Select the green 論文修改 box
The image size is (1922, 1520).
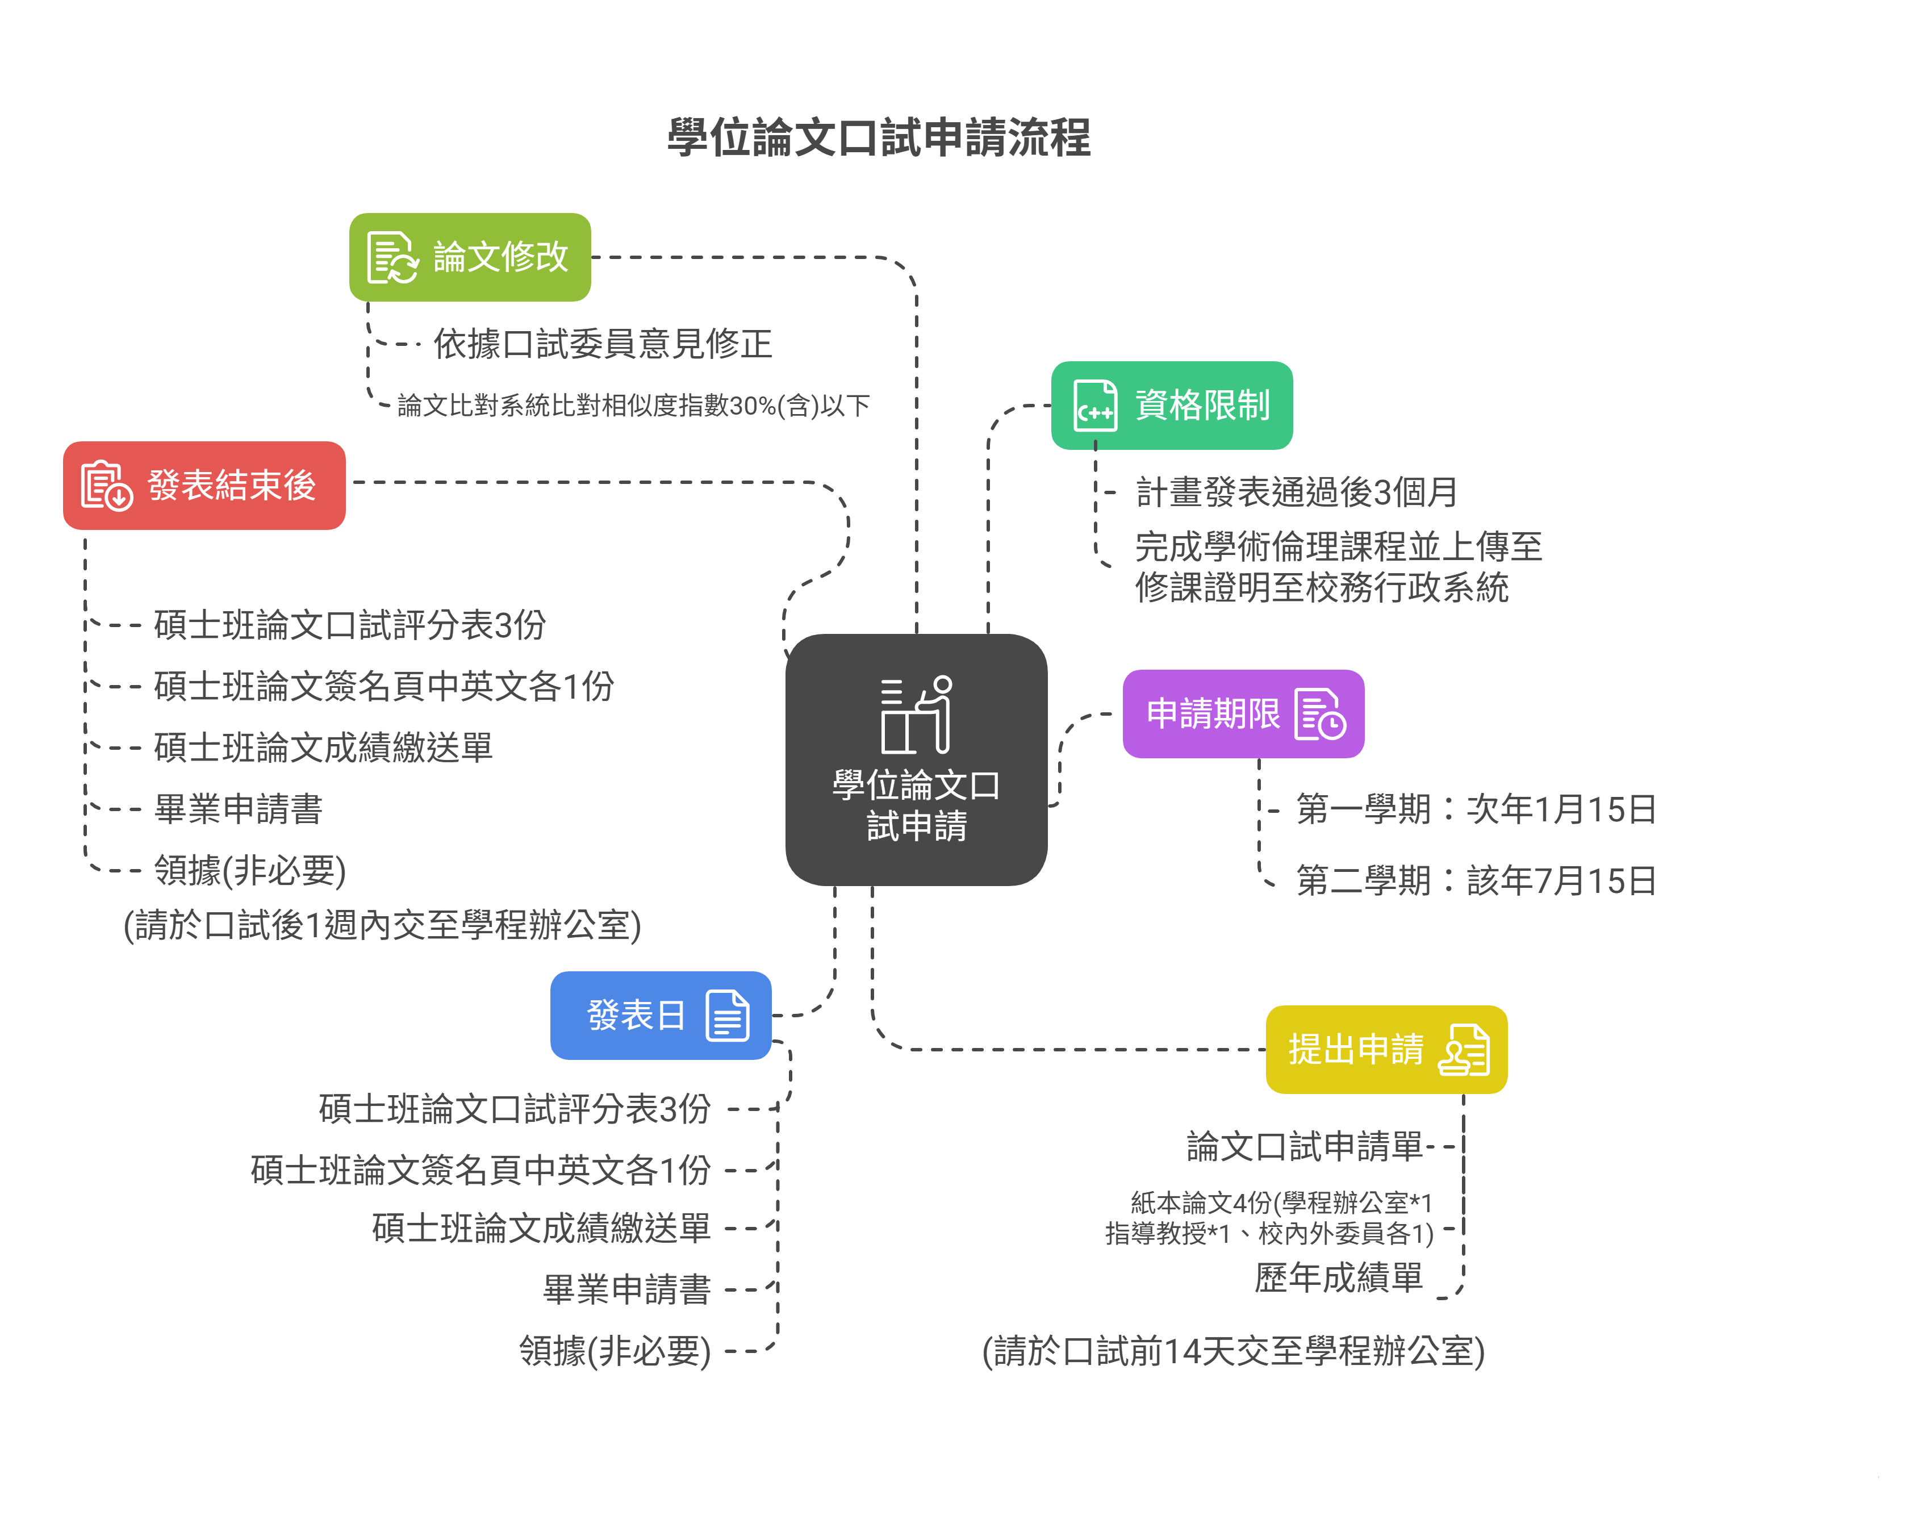pos(470,257)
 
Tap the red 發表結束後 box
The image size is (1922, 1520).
pos(204,486)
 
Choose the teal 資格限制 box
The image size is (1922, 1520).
pos(1171,406)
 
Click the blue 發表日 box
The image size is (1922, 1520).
pos(660,1016)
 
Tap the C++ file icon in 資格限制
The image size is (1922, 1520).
pos(1094,406)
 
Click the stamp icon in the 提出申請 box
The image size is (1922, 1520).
pos(1464,1050)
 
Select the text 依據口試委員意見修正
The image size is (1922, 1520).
pos(603,344)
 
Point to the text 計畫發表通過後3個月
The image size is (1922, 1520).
pos(1297,492)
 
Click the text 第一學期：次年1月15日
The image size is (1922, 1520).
pos(1476,809)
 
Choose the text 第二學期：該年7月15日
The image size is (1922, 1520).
pos(1476,881)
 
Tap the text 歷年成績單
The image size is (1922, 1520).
pos(1338,1278)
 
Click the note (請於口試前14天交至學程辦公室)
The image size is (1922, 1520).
pos(1233,1351)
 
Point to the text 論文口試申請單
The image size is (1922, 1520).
pos(1305,1146)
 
